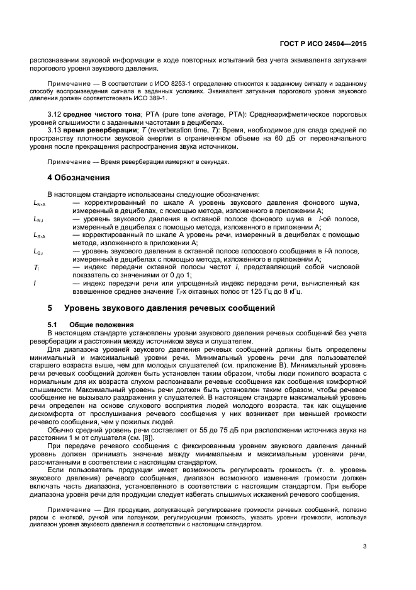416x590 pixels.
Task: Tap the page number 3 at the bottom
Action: (364, 546)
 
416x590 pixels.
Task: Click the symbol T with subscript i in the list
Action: (37, 267)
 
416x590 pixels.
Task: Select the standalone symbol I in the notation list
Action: (35, 284)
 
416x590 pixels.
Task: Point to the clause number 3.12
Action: (55, 115)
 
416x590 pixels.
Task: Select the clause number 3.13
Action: (55, 130)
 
